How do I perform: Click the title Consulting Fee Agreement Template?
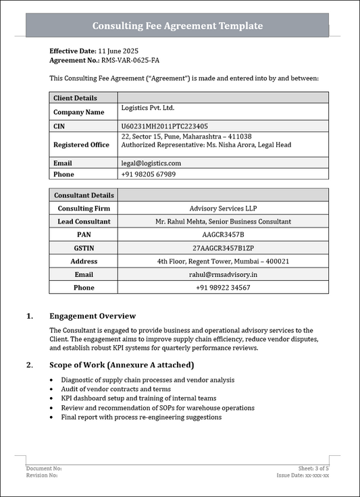click(x=177, y=26)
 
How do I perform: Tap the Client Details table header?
click(x=75, y=98)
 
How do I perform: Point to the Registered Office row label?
click(x=81, y=145)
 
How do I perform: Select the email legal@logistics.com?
click(x=151, y=163)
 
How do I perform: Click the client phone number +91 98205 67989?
click(x=148, y=174)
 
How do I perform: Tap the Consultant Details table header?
click(x=84, y=195)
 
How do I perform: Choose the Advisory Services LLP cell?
click(x=223, y=209)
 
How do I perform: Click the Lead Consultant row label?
click(x=84, y=221)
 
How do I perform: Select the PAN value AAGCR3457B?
click(x=223, y=234)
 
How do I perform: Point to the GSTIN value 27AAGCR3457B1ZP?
click(x=223, y=248)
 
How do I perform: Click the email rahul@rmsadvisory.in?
click(x=223, y=274)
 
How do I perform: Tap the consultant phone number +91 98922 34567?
click(x=223, y=288)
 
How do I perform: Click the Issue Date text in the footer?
click(x=303, y=475)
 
